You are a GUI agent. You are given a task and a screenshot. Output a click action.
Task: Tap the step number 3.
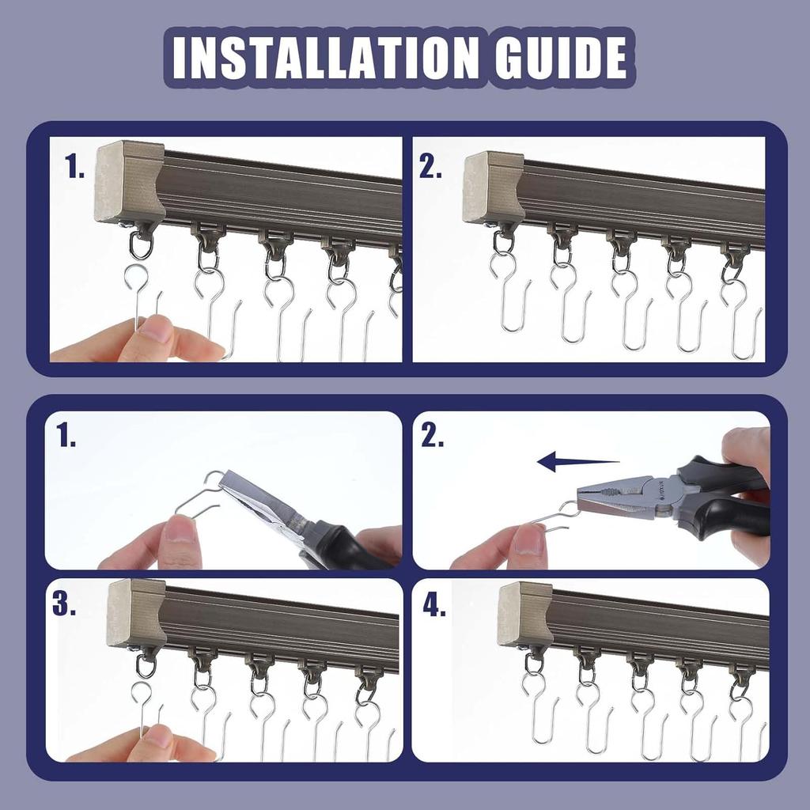pos(65,604)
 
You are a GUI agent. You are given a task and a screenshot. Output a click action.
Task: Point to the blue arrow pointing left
pos(577,462)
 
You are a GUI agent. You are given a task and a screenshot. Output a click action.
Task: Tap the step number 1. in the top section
pos(76,168)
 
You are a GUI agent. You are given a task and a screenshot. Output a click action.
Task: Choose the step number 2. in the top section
pos(431,168)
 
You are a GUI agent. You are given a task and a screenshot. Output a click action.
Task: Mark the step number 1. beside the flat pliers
pos(66,436)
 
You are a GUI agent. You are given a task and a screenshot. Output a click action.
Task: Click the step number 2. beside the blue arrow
pos(433,436)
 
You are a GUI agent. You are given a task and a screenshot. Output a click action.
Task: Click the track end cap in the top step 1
pos(129,182)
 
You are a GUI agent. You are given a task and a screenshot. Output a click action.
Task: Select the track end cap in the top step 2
pos(493,188)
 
